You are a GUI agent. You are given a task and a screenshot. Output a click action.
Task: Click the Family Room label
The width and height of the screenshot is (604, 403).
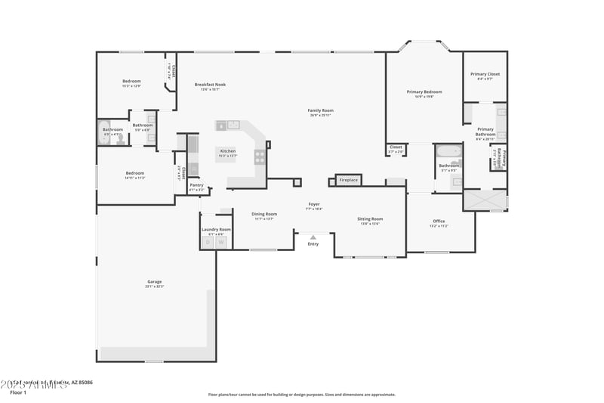(320, 110)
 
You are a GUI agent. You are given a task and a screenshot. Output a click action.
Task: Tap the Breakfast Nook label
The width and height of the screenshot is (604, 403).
(210, 85)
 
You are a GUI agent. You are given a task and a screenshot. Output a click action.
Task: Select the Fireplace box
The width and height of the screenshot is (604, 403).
(348, 180)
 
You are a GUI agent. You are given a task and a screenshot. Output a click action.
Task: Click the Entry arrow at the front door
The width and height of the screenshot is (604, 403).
(313, 237)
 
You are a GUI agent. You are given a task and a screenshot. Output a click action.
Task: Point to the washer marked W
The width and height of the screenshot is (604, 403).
(222, 242)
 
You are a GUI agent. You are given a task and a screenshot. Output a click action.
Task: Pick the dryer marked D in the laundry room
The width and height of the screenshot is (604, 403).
(208, 242)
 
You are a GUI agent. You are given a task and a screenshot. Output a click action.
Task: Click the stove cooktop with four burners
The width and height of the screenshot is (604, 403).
(260, 157)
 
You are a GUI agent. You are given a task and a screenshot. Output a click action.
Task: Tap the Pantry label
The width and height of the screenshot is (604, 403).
(196, 185)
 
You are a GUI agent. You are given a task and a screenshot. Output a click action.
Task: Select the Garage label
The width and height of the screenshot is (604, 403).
(155, 282)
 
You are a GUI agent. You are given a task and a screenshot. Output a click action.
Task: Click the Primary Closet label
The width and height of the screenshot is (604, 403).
(485, 74)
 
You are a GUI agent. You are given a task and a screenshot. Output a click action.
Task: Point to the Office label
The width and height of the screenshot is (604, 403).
(439, 222)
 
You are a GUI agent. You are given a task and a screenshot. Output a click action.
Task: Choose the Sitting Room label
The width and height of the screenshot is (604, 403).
(370, 219)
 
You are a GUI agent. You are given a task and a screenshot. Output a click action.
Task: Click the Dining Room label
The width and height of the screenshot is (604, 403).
(264, 214)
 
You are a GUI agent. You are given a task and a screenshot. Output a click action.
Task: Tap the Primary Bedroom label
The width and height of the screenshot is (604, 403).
(424, 92)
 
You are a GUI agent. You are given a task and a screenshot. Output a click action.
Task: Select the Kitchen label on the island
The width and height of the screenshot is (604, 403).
(228, 151)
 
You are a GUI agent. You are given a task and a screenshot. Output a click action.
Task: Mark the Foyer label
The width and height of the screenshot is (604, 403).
(313, 204)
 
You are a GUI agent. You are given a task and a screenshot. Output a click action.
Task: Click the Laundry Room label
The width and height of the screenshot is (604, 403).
(215, 229)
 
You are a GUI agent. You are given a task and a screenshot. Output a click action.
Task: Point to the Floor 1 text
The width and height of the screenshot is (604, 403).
(18, 392)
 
